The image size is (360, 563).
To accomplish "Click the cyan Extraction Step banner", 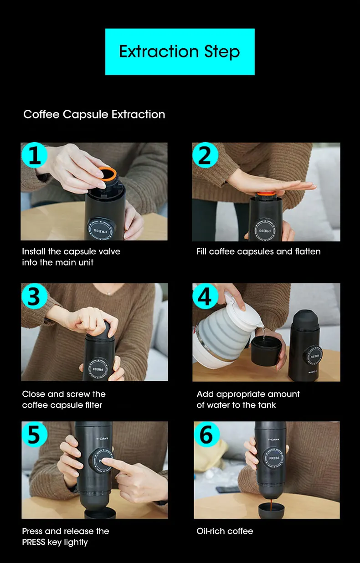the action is click(x=180, y=51).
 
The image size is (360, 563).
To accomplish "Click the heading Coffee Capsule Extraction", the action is click(x=94, y=114).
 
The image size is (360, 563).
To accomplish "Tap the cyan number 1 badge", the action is click(x=35, y=155).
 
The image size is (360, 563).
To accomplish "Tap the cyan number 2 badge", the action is click(x=205, y=155).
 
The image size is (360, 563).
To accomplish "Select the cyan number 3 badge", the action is click(x=35, y=296).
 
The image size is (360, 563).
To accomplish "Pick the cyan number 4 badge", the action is click(x=205, y=296).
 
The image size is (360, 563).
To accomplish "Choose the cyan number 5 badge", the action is click(x=35, y=434).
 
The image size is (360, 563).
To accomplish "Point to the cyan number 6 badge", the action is click(x=206, y=434).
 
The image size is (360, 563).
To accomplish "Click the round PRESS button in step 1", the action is click(x=101, y=229).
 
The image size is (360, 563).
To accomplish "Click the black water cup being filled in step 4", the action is click(x=267, y=351).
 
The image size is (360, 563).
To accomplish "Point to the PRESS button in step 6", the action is click(x=274, y=458).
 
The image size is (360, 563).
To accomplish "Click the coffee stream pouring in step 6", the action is click(x=272, y=505).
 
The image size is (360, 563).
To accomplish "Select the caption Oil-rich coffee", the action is click(x=225, y=531).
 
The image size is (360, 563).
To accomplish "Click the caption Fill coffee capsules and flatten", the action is click(x=258, y=251).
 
